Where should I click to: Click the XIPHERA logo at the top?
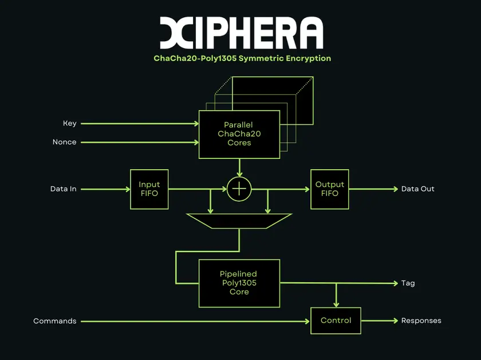click(x=242, y=33)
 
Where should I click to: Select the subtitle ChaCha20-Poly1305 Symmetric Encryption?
click(x=242, y=58)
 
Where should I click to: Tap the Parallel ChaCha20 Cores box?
click(x=239, y=134)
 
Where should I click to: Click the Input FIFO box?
click(x=149, y=189)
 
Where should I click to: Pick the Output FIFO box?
click(x=329, y=189)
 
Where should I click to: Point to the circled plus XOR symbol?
click(x=239, y=189)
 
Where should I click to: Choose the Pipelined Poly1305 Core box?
click(x=239, y=283)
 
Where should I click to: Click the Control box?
click(x=336, y=321)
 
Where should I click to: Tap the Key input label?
click(x=70, y=123)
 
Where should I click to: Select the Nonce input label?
click(x=64, y=142)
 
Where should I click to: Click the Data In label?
click(x=63, y=189)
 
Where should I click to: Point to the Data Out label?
click(x=418, y=189)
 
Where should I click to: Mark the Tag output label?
click(x=408, y=283)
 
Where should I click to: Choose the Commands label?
click(x=55, y=321)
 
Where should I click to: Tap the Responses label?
click(x=421, y=321)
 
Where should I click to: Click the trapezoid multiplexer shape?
click(x=239, y=221)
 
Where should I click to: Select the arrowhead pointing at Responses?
click(x=396, y=321)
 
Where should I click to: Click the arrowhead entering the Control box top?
click(x=336, y=305)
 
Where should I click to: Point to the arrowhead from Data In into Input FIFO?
click(x=128, y=189)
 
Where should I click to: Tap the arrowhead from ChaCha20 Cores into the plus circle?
click(x=239, y=174)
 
